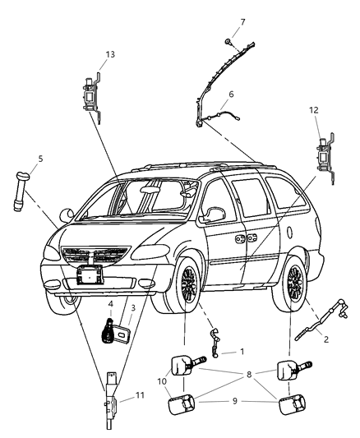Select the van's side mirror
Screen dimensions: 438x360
216,215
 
